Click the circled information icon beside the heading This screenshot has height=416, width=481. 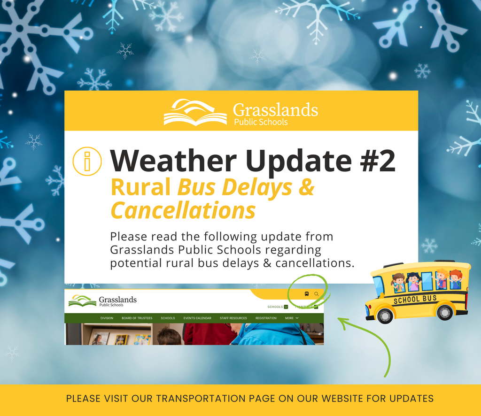pos(87,161)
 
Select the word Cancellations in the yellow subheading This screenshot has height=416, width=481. pos(183,210)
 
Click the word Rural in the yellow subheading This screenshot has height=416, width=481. pos(140,187)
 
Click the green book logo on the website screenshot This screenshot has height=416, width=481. pos(83,300)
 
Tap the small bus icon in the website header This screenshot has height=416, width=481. pos(307,294)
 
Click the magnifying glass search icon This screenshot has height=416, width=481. pos(317,294)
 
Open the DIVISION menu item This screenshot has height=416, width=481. pos(107,318)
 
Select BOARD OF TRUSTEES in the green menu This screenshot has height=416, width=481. pos(137,318)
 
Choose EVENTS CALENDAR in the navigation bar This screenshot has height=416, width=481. pos(197,318)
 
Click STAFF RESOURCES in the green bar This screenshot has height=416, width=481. pos(233,318)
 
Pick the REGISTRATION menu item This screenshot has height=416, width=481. pos(266,318)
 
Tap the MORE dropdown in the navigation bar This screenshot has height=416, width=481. pos(292,318)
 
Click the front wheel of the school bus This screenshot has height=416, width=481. pos(385,315)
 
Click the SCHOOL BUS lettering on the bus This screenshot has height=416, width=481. pos(415,299)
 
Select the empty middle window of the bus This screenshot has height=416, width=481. pos(427,281)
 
